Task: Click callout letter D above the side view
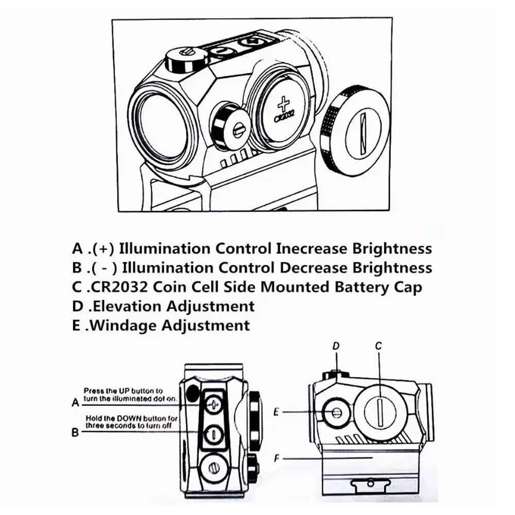[336, 347]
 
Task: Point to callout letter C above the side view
[378, 347]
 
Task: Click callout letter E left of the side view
[277, 411]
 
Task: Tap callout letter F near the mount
[277, 457]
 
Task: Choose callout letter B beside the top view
[76, 433]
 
